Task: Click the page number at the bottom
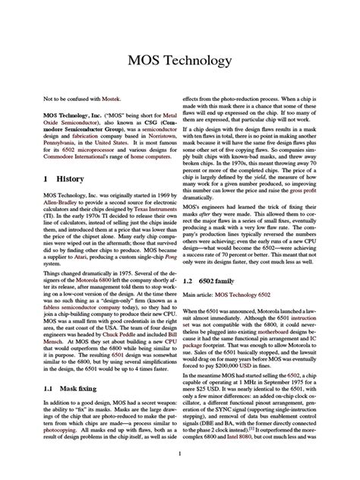(x=180, y=454)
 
